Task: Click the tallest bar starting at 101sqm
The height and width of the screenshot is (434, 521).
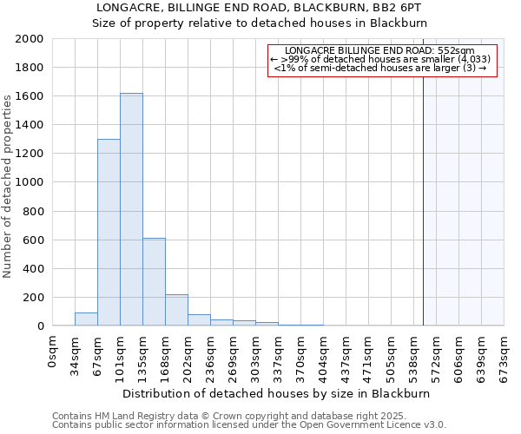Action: (131, 209)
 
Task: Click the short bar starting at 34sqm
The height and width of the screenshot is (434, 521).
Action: (86, 319)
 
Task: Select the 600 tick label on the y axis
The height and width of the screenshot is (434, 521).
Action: (33, 240)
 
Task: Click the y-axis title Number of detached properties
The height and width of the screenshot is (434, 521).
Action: (9, 200)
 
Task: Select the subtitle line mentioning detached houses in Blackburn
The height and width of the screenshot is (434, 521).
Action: (260, 23)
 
